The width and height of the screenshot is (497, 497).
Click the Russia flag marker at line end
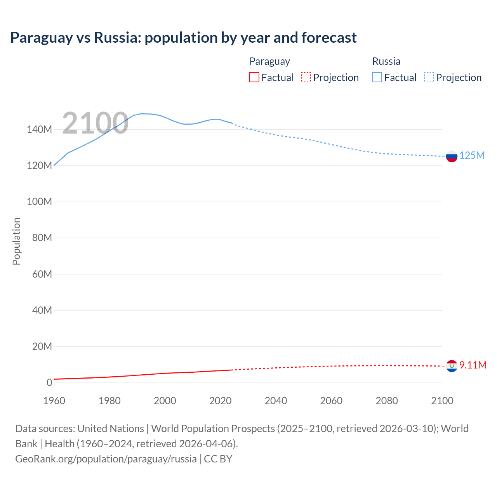coord(452,156)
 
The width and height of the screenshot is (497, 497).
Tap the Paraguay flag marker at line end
coord(452,366)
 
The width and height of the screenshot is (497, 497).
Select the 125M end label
coord(472,156)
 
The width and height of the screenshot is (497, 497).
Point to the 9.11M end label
coord(473,365)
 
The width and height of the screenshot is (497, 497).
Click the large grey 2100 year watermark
coord(95,123)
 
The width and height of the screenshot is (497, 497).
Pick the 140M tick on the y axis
coord(39,130)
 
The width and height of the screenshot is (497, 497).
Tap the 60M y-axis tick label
coord(42,274)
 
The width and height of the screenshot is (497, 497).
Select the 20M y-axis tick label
coord(42,346)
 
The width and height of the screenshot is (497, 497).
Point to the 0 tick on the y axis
coord(49,382)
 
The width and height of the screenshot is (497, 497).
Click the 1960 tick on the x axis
coord(54,401)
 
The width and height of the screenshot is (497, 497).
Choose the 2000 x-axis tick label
coord(165,401)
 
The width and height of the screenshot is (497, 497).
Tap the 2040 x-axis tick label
coord(276,401)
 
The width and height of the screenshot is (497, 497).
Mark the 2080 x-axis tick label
coord(387,401)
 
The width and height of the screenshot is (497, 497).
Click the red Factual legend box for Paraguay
coord(254,78)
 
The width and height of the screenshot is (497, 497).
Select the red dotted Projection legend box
coord(306,78)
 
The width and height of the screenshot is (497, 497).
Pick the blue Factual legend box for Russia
coord(377,78)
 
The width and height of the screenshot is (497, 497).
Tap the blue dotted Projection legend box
coord(429,78)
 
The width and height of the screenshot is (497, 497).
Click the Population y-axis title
coord(16,241)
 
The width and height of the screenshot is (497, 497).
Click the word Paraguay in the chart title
coord(42,38)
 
